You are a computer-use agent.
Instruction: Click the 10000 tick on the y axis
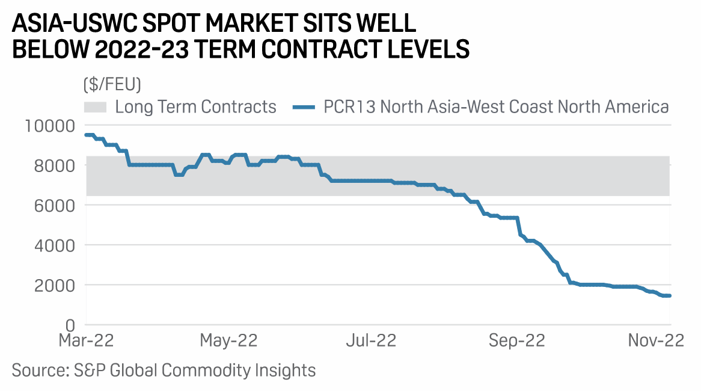click(49, 125)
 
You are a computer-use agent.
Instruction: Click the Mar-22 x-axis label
click(86, 340)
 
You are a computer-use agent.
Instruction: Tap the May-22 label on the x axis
click(228, 340)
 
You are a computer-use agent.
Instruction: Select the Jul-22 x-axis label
click(370, 340)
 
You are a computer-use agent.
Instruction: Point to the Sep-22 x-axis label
click(516, 340)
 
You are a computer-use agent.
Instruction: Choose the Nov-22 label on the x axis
click(657, 340)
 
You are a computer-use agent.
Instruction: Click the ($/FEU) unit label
click(112, 85)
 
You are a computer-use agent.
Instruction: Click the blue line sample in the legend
click(304, 108)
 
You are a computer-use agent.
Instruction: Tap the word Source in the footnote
click(37, 369)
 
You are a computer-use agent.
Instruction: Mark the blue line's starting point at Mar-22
click(87, 135)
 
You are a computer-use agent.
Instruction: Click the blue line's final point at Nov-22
click(669, 295)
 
